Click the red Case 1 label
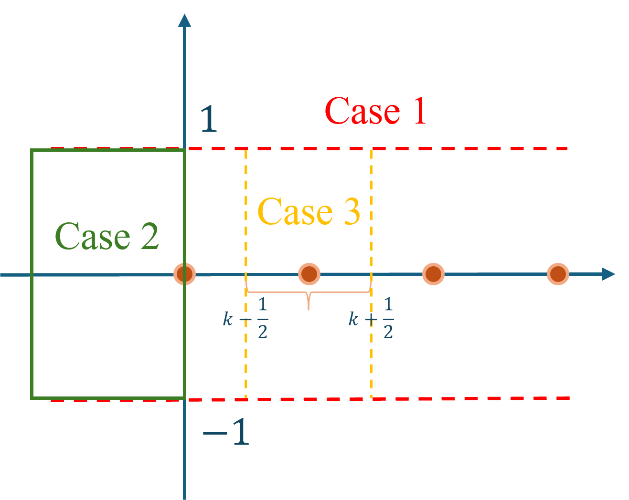[x=375, y=111]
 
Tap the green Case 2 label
[x=107, y=236]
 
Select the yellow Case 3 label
[x=309, y=211]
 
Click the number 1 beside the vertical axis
[x=209, y=120]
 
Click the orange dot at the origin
[x=184, y=274]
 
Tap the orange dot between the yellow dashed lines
[x=309, y=274]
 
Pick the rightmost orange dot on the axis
[x=558, y=274]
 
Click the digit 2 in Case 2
[x=149, y=236]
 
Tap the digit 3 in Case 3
[x=352, y=211]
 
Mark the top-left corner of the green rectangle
[x=32, y=150]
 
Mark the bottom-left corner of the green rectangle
[x=32, y=397]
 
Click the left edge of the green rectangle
[x=32, y=274]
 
